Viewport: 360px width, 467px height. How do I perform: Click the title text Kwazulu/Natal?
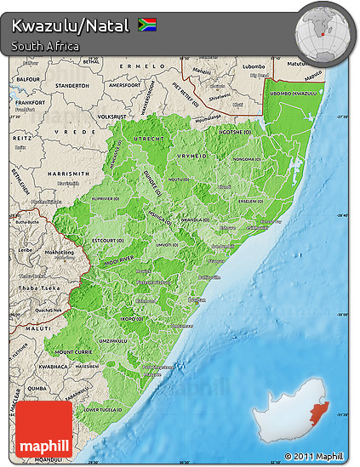tap(71, 26)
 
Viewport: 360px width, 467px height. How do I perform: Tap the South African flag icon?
tap(146, 25)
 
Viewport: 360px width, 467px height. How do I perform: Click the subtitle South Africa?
tap(46, 46)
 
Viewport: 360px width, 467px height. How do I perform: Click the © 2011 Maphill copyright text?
tap(318, 457)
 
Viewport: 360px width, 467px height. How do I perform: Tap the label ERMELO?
tap(136, 65)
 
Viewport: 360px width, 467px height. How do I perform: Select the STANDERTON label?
tap(71, 85)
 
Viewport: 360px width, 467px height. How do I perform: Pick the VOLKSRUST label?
tap(112, 116)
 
